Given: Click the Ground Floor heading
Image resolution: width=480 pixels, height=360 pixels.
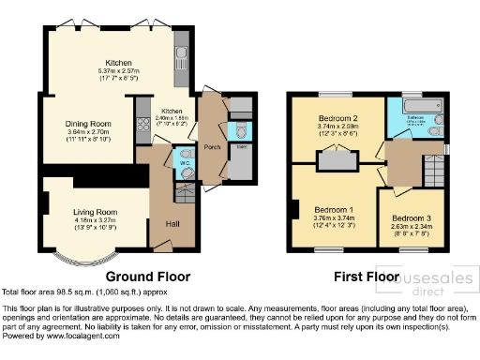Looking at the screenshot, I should point(147,277).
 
